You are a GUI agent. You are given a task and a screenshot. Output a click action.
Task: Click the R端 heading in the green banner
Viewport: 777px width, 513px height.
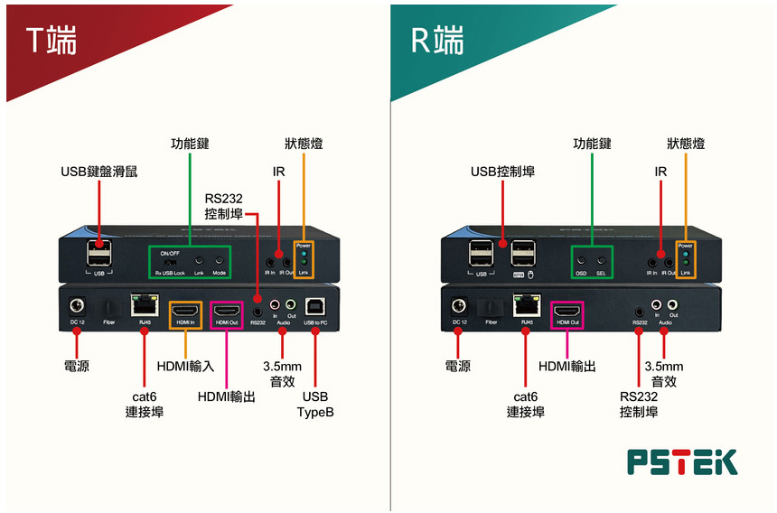tap(437, 40)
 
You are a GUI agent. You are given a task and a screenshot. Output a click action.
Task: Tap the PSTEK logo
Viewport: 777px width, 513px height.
tap(682, 462)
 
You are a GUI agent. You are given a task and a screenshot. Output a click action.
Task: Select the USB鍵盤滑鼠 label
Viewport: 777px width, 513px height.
tap(99, 172)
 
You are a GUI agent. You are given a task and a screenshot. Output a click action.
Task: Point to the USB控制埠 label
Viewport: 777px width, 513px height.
tap(502, 172)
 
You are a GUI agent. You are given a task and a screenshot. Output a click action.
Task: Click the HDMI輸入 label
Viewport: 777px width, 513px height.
tap(185, 366)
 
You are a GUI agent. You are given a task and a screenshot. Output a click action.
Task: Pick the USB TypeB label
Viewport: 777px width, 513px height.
tap(315, 405)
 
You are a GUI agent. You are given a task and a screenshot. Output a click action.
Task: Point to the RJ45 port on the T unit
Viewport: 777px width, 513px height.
tap(143, 305)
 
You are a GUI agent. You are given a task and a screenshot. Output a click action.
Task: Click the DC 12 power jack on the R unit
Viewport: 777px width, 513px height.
tap(459, 306)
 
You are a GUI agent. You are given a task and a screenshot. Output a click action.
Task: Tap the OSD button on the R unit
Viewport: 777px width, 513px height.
tap(581, 258)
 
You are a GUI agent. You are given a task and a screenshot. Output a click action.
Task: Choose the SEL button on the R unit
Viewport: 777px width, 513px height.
tap(601, 258)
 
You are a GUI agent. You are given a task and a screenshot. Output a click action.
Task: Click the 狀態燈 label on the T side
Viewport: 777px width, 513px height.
tap(304, 144)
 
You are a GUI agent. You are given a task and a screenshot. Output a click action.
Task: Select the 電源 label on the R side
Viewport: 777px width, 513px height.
tap(458, 366)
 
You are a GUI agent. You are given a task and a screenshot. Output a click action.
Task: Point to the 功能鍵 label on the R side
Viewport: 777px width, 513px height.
tap(593, 144)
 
